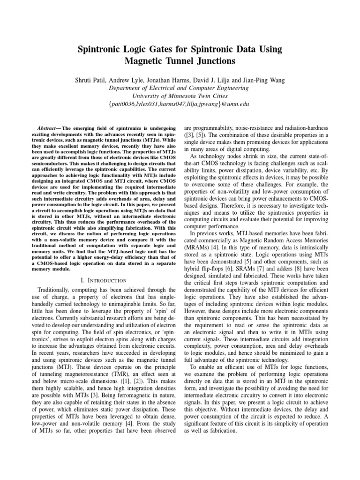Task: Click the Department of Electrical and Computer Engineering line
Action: tap(180, 88)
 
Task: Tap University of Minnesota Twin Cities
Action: tap(180, 96)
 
